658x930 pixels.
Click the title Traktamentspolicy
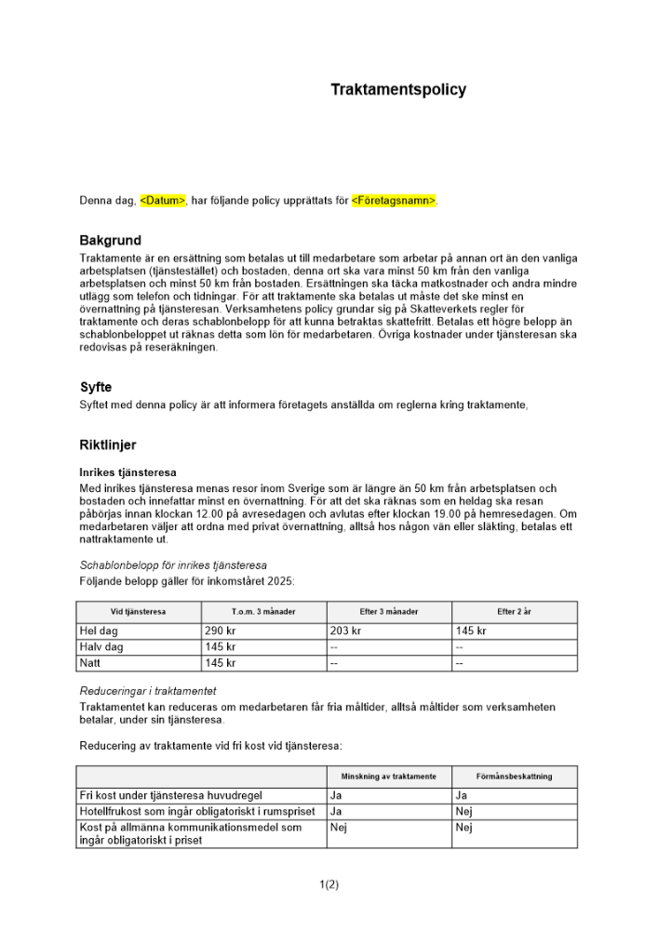398,90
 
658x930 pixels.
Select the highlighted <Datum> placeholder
163,200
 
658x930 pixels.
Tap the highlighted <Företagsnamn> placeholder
394,200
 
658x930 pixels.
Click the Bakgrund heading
110,241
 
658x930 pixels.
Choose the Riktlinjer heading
108,445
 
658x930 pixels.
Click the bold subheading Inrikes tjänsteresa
128,472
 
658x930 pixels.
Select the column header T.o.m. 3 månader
263,612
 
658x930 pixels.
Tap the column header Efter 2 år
514,612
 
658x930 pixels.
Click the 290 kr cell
221,631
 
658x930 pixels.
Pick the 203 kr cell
345,631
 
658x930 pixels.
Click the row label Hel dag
101,631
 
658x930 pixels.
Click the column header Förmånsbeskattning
514,776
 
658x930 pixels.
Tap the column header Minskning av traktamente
389,776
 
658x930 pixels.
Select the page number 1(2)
329,884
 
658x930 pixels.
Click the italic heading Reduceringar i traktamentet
148,691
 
